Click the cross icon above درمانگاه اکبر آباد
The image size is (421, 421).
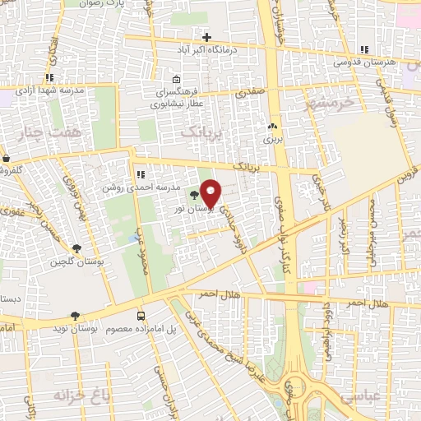(x=206, y=36)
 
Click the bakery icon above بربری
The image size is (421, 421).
(x=272, y=127)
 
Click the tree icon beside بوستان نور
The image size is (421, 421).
(x=194, y=196)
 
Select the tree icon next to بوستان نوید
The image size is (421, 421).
(x=76, y=315)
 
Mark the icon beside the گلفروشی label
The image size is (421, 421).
(x=6, y=158)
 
